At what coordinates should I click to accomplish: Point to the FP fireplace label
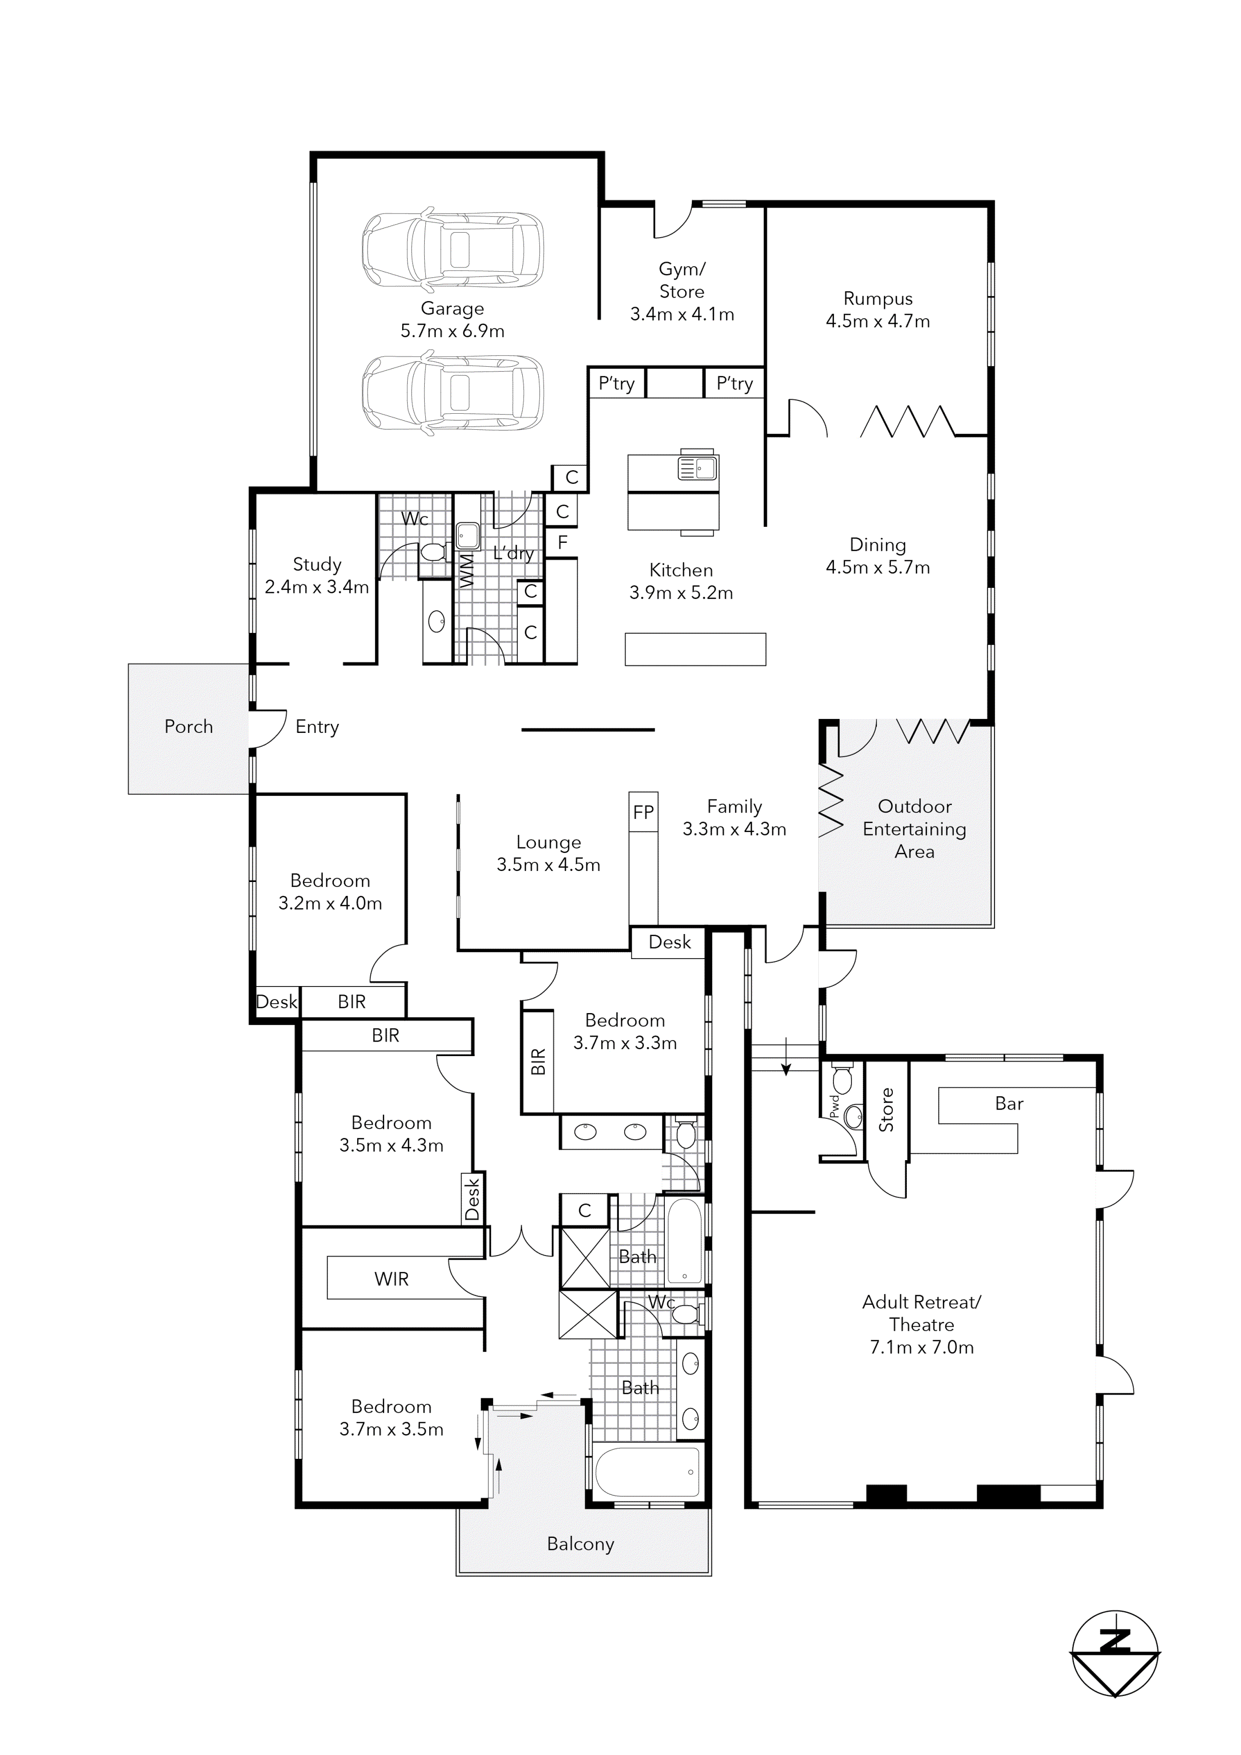click(x=643, y=812)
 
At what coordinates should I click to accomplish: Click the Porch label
click(x=189, y=727)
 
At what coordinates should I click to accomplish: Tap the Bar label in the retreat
click(x=1009, y=1104)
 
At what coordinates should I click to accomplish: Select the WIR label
click(x=391, y=1280)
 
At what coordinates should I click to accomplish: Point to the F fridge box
click(x=562, y=543)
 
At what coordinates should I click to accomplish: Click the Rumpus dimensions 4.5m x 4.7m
click(x=877, y=322)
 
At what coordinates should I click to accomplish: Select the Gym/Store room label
click(x=682, y=280)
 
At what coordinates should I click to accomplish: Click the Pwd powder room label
click(x=834, y=1106)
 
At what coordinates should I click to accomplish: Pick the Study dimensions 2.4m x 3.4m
click(x=316, y=587)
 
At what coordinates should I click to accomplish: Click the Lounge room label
click(x=548, y=842)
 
